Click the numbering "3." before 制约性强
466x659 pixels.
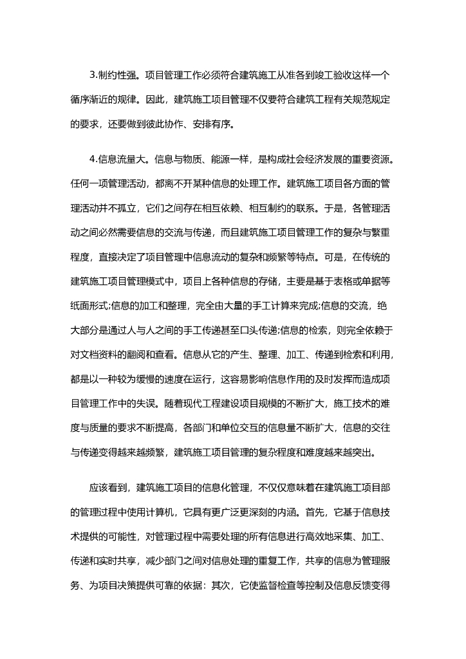(94, 76)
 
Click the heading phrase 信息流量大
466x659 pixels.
(122, 160)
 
